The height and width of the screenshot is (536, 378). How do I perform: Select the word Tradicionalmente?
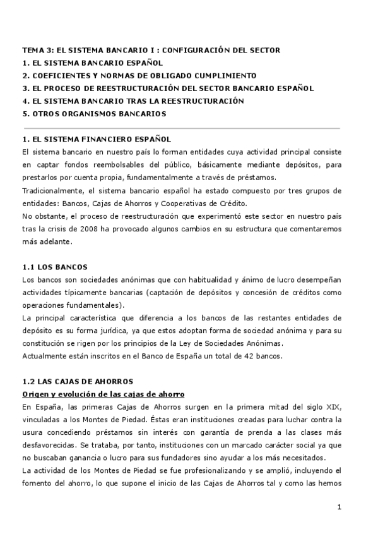(x=50, y=191)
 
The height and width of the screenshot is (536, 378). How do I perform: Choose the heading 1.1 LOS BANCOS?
(x=54, y=267)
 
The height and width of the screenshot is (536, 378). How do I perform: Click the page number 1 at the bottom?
(x=340, y=507)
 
